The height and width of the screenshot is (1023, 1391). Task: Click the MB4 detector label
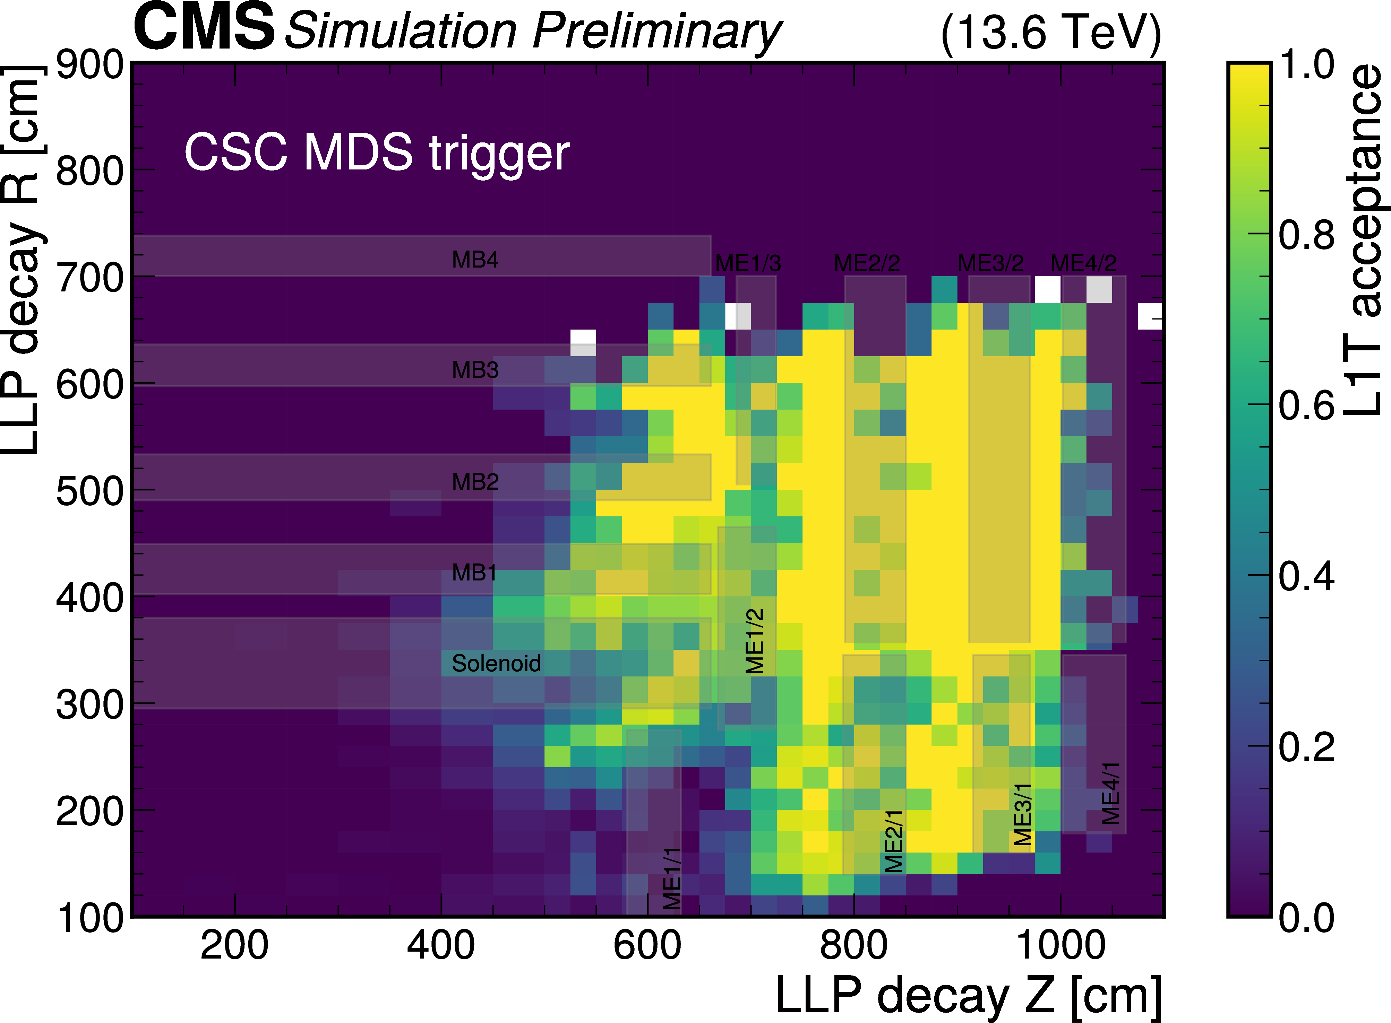[475, 260]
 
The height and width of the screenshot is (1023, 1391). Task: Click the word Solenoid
[496, 663]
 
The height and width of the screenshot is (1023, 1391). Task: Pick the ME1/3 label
[748, 263]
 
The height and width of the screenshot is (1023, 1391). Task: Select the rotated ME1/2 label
[755, 640]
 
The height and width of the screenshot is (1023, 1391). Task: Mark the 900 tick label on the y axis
[90, 64]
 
